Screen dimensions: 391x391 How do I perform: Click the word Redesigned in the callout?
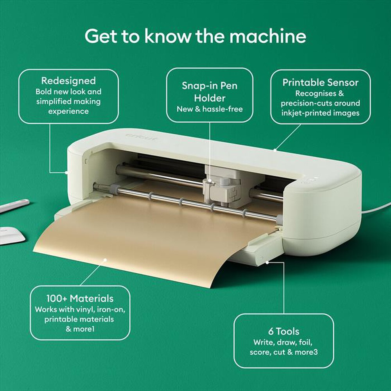(68, 81)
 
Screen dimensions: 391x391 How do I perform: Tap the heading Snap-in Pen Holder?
(210, 91)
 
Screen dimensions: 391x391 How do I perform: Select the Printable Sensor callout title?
(320, 83)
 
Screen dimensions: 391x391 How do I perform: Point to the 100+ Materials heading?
(80, 298)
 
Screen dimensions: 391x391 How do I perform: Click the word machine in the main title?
(268, 36)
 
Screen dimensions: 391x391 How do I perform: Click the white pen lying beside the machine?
(14, 206)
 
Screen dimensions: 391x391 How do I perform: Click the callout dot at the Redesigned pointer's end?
(66, 172)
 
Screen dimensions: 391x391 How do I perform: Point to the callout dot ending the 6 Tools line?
(267, 262)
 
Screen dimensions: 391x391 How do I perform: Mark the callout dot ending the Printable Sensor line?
(275, 149)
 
